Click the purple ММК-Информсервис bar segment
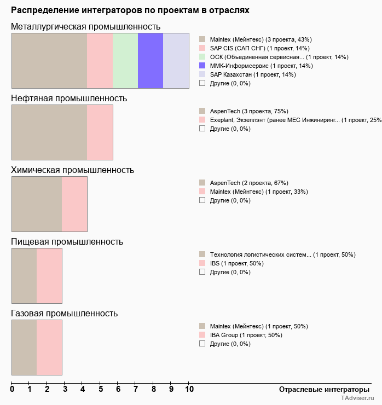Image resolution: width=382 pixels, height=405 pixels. (x=151, y=60)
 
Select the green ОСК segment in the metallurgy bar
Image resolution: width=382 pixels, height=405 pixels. (x=125, y=60)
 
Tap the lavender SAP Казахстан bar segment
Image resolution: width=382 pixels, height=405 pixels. (x=176, y=60)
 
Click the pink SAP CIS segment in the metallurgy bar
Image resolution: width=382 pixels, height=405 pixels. (x=100, y=60)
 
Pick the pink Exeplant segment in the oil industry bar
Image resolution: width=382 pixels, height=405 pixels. (x=100, y=132)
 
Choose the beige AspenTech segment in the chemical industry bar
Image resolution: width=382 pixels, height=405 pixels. (x=37, y=204)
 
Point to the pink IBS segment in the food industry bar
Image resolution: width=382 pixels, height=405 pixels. (x=49, y=275)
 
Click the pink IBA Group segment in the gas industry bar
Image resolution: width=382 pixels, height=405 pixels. (x=49, y=347)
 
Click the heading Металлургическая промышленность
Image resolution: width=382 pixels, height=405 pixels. (x=85, y=27)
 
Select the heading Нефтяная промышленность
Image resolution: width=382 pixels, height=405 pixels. (x=69, y=99)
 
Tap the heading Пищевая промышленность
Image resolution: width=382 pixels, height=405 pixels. (x=67, y=242)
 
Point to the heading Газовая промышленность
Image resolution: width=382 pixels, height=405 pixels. (x=64, y=314)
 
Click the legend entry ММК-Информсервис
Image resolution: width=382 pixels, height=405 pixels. (x=261, y=66)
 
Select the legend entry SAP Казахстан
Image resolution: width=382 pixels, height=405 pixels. (x=252, y=74)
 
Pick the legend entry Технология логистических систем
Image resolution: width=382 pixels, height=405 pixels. (x=260, y=254)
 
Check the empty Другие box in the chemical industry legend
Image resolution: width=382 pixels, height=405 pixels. (x=202, y=200)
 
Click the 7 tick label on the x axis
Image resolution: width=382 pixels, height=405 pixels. (x=136, y=389)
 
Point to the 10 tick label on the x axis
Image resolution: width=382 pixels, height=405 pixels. (x=189, y=389)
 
